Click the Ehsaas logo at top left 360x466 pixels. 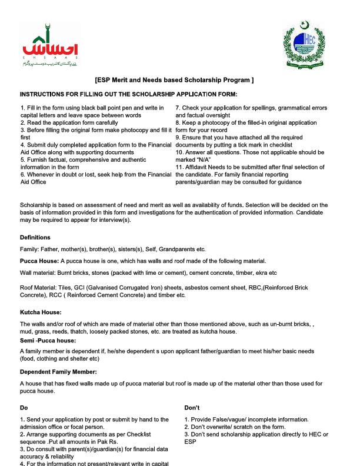[x=52, y=45]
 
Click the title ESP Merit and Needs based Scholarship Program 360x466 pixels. [x=174, y=79]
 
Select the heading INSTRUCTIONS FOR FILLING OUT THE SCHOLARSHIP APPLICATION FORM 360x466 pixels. [x=129, y=94]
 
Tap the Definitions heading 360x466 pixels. [x=35, y=237]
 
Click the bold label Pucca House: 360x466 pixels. [x=39, y=261]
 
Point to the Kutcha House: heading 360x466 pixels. [x=41, y=312]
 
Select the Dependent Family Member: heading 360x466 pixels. [x=58, y=372]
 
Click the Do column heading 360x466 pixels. [x=24, y=407]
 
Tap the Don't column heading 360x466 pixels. [x=193, y=407]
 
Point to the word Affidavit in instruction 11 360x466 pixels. [x=197, y=167]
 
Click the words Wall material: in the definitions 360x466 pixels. [x=37, y=273]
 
